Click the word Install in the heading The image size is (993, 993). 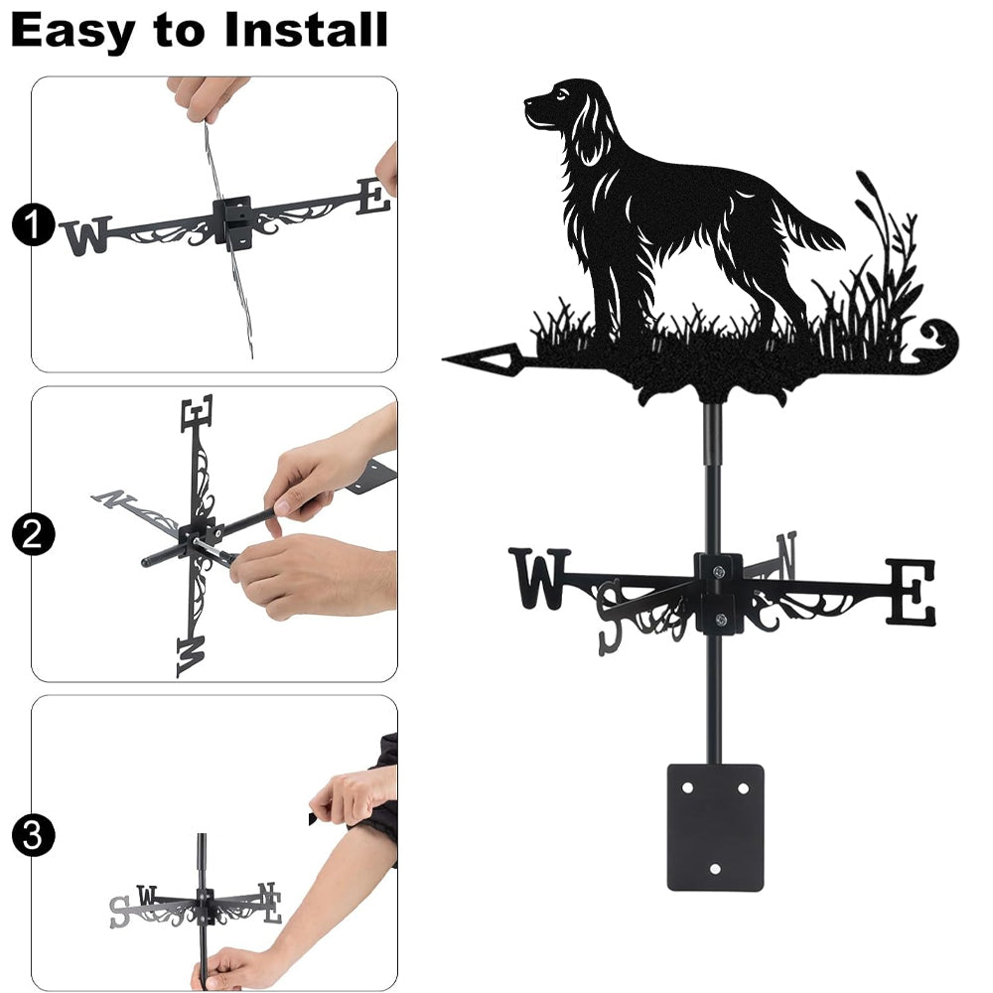(306, 30)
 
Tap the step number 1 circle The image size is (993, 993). (33, 224)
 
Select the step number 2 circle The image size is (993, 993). (33, 534)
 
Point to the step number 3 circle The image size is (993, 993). (33, 835)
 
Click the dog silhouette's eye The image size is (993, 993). (560, 95)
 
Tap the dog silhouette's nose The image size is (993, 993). (528, 101)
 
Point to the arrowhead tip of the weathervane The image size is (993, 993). (443, 359)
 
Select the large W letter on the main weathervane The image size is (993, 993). (540, 578)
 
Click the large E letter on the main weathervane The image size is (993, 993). (910, 591)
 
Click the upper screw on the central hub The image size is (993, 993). (718, 573)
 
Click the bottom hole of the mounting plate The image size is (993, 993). (715, 869)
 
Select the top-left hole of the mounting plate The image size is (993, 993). (687, 788)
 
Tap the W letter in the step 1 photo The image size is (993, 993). (86, 235)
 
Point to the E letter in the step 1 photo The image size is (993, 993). (373, 197)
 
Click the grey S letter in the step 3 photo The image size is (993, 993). (119, 912)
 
